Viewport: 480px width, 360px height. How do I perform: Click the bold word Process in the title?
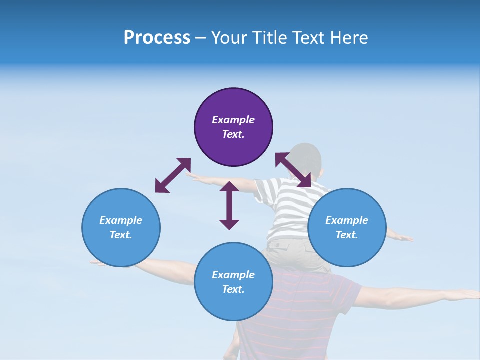pos(157,38)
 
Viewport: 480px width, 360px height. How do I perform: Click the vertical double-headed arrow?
pos(229,205)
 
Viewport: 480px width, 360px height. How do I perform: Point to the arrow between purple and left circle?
pos(173,175)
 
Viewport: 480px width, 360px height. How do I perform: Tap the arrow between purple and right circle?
pos(293,170)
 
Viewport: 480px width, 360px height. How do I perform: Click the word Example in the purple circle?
pos(233,120)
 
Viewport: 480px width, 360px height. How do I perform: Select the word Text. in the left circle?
pos(121,235)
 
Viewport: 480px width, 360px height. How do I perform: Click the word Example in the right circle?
pos(347,220)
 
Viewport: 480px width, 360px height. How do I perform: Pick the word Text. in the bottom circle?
pos(233,289)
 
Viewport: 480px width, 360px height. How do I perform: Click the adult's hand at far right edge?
pos(467,295)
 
